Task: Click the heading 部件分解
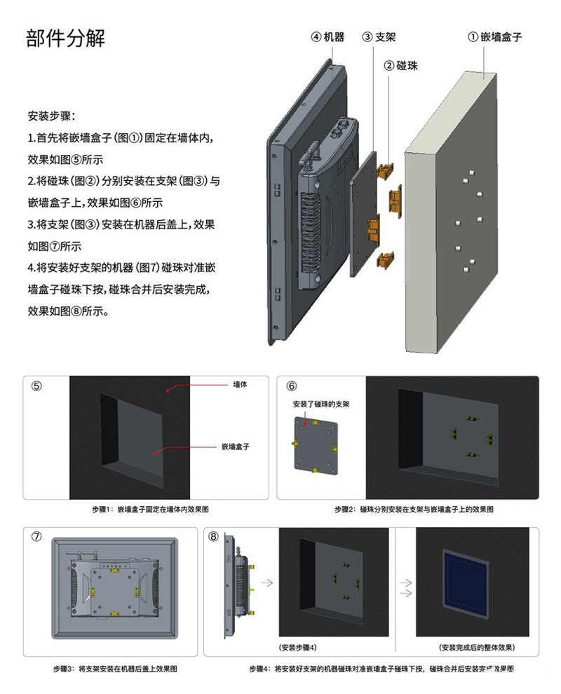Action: [x=66, y=39]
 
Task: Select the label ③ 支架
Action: [x=379, y=36]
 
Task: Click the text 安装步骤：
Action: [x=52, y=115]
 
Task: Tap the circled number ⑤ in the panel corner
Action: [x=37, y=386]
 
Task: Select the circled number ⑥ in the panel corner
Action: [x=292, y=386]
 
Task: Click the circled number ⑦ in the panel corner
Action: [x=37, y=536]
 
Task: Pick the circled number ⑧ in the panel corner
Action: [x=214, y=536]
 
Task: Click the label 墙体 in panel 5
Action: [x=240, y=385]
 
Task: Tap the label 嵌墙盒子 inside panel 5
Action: [x=236, y=446]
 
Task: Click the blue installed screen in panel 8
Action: [x=466, y=579]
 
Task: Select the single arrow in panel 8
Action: [x=266, y=582]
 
